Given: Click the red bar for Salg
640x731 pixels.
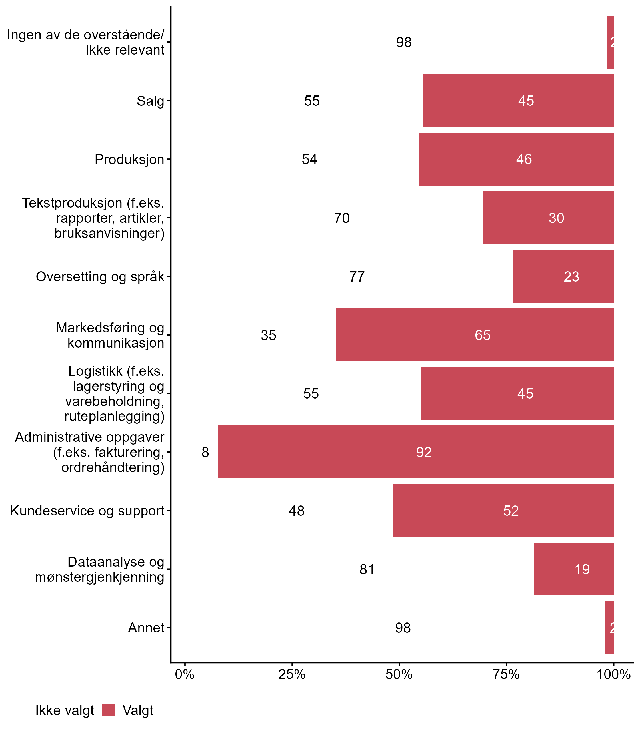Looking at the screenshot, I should tap(518, 101).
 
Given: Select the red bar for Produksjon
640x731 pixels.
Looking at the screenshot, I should tap(516, 159).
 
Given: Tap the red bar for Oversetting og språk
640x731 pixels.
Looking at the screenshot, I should tap(563, 276).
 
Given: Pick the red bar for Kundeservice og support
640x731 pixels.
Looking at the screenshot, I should tap(503, 511).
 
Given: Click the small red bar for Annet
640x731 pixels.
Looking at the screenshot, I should tap(609, 628).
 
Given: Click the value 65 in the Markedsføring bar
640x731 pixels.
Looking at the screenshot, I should tap(482, 335).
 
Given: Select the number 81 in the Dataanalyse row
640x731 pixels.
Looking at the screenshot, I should tap(367, 569).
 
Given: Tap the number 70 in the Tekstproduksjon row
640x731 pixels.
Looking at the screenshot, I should tap(341, 218).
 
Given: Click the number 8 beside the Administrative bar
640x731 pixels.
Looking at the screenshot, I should tap(205, 452).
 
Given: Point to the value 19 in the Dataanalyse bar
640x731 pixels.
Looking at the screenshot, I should tap(582, 569).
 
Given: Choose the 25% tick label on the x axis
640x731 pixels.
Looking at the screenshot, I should tap(292, 674).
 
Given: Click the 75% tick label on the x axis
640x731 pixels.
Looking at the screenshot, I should tap(506, 674).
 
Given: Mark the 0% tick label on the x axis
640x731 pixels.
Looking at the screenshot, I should tap(185, 674).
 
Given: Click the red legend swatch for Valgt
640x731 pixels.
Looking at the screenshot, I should tap(108, 710).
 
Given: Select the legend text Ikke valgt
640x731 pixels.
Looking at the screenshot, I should tap(65, 710).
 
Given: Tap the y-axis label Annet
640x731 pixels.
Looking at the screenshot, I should tap(146, 628).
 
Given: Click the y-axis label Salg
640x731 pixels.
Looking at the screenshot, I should tap(150, 101).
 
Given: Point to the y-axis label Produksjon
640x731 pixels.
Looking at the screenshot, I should tap(129, 160).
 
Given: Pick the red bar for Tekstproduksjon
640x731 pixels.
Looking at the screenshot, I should tap(548, 218).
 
